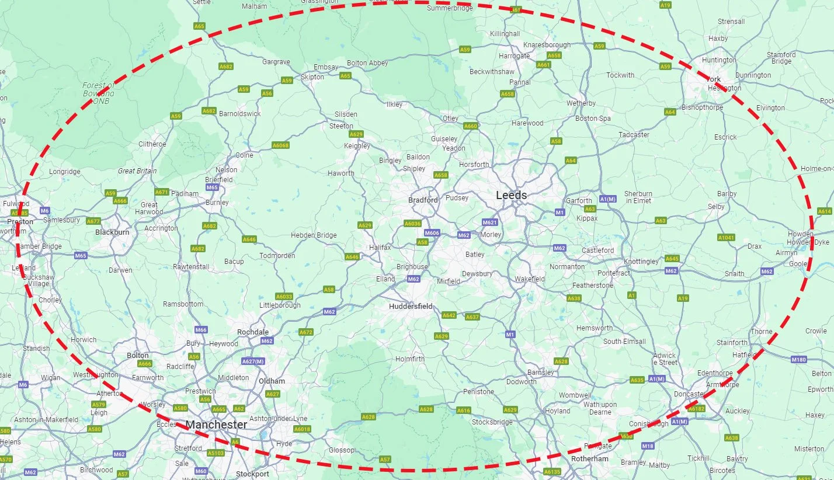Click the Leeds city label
(511, 196)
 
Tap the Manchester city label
(216, 425)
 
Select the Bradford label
(423, 200)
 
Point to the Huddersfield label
(412, 306)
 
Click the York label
(714, 79)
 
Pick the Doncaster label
(689, 395)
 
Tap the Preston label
(20, 222)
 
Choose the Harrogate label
(515, 56)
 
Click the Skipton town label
(312, 77)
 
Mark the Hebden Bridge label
(314, 235)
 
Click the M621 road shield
(489, 222)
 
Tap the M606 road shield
(432, 233)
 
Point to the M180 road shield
(798, 360)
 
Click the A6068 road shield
(280, 145)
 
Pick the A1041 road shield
(726, 238)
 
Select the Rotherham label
(590, 459)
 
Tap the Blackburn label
(112, 232)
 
